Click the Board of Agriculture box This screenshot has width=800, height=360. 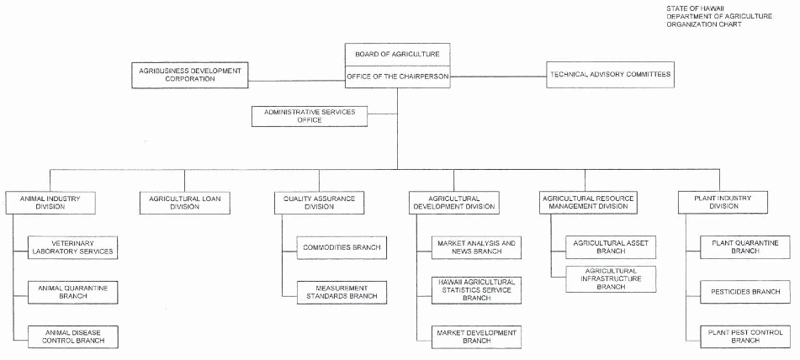point(397,55)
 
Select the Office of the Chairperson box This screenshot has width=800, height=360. point(397,77)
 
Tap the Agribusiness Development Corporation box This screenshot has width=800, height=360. point(190,75)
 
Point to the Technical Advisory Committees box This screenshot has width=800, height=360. point(610,75)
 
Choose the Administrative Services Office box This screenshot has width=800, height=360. point(310,116)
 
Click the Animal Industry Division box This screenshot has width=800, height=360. point(50,203)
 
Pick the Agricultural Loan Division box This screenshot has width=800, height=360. point(185,203)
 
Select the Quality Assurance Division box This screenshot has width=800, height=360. point(320,203)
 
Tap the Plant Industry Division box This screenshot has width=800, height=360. point(723,202)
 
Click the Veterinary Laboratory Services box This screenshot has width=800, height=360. point(72,247)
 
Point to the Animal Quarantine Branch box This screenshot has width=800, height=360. point(72,292)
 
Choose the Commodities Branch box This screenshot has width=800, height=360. point(342,247)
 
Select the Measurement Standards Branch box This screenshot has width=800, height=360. point(342,292)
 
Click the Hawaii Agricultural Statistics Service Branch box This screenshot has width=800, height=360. point(476,289)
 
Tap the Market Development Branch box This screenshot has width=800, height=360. point(476,337)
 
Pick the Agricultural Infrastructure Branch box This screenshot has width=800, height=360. point(611,279)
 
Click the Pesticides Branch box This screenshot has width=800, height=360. point(745,292)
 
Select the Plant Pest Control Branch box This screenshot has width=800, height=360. point(745,336)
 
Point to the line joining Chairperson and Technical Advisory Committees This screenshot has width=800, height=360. point(499,77)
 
